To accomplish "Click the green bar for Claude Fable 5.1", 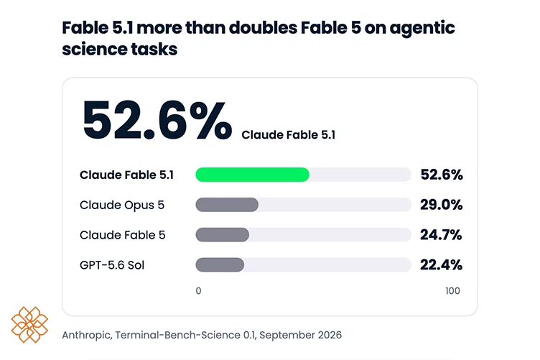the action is (253, 175).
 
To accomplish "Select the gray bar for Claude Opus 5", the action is (227, 205).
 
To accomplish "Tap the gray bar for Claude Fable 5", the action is (223, 234).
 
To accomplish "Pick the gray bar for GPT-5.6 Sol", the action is (220, 264).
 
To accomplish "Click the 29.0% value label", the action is (441, 205).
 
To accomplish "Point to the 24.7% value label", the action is (441, 234).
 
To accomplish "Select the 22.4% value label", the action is (441, 264).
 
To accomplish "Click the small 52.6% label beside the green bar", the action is (442, 175).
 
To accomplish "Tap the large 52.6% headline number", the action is (157, 120).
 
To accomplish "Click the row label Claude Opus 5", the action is (122, 205).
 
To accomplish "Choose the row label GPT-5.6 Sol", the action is (112, 265).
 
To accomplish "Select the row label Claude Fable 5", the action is (123, 235).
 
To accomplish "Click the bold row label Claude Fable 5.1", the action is (126, 175).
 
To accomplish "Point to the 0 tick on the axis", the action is (198, 291).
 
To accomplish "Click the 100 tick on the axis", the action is (452, 291).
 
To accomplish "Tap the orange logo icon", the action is (29, 325).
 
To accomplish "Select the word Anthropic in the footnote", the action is (87, 335).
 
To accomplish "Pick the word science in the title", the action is (89, 49).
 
